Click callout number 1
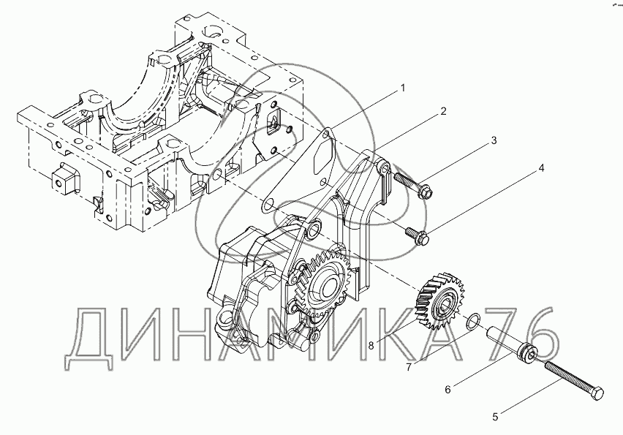pos(401,88)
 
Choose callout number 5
pos(495,417)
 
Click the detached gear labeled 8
pos(440,299)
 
